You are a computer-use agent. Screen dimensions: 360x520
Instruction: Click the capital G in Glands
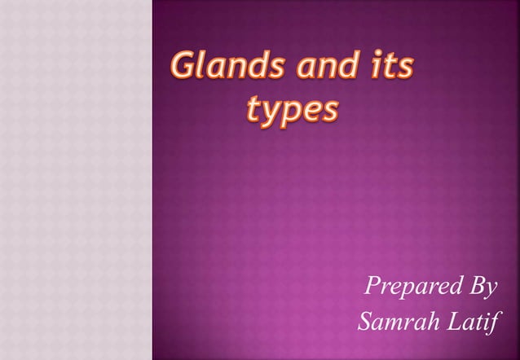182,67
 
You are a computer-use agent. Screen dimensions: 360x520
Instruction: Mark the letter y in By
488,290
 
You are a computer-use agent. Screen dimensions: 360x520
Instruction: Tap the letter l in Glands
200,65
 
